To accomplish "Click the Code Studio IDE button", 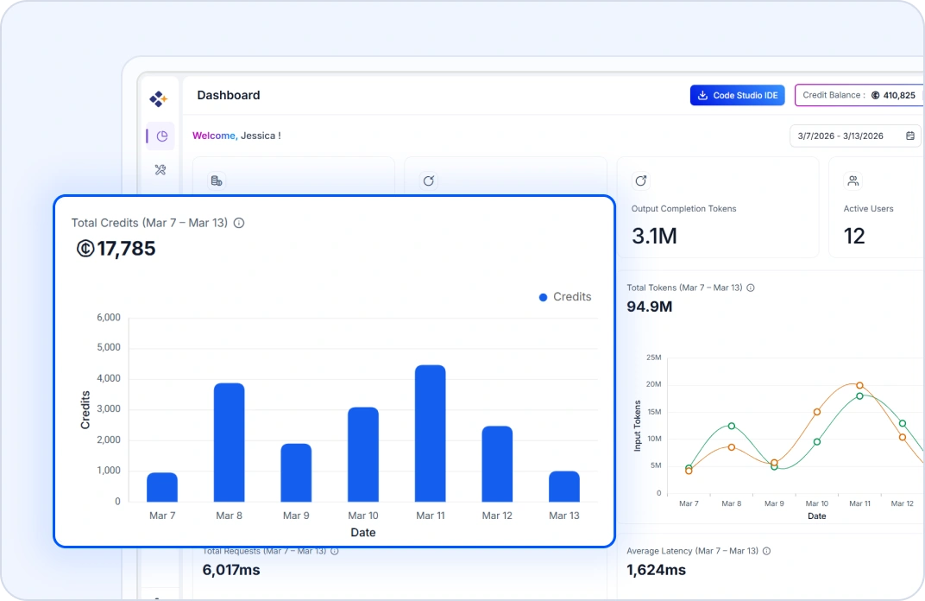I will click(737, 95).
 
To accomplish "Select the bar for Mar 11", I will click(430, 433).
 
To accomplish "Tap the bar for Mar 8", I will click(229, 442).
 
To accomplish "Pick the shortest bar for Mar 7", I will click(162, 487).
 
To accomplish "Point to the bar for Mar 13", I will click(563, 486).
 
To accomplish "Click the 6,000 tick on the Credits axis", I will click(108, 318).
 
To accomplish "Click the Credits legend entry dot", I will click(543, 297).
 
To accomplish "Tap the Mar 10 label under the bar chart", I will click(362, 516).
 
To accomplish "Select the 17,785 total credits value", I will click(126, 250).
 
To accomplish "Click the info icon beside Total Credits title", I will click(239, 223).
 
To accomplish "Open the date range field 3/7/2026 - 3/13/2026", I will click(854, 136).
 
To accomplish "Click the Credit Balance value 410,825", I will click(899, 95).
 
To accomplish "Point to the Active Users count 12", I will click(854, 236).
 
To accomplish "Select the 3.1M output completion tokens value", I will click(654, 236).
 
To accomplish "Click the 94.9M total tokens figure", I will click(649, 307).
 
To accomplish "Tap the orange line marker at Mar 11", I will click(859, 385).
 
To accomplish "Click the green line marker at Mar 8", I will click(732, 426).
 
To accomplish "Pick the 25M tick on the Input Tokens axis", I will click(653, 357).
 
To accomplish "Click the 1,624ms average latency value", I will click(656, 570).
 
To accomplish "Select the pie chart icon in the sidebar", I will click(161, 136).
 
